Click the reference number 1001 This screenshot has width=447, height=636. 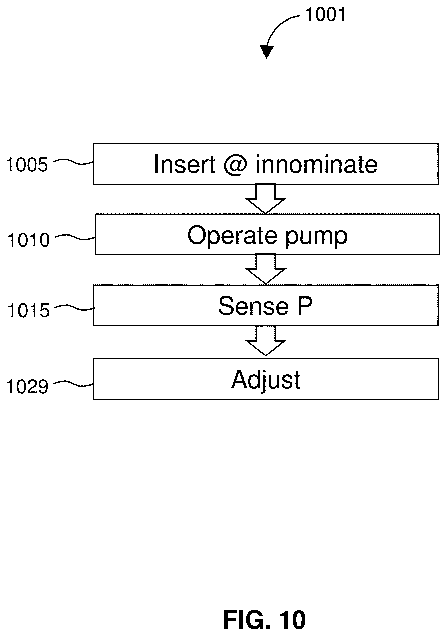click(325, 15)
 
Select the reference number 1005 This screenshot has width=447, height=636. click(27, 165)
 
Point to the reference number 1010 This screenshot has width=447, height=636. click(29, 240)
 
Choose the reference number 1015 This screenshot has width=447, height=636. click(29, 310)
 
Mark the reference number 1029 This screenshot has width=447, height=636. click(27, 386)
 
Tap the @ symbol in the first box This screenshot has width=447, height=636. click(235, 165)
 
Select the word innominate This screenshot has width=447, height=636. click(317, 164)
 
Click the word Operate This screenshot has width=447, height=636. click(232, 235)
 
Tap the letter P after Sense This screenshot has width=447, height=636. click(304, 306)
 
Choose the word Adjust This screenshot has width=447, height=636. click(266, 380)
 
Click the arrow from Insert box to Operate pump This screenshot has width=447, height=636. click(266, 199)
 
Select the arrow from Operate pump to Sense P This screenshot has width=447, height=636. click(266, 269)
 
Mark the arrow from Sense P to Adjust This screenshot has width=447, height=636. click(266, 341)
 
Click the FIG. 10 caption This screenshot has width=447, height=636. click(265, 620)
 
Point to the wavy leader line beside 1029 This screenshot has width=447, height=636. click(73, 384)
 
